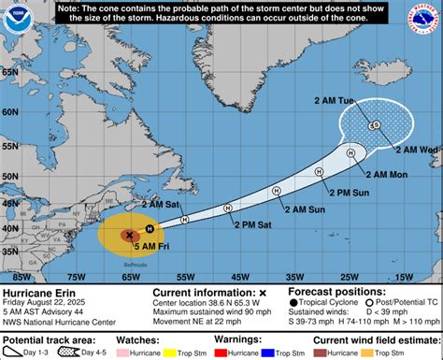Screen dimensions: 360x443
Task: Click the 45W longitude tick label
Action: pos(240,277)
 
